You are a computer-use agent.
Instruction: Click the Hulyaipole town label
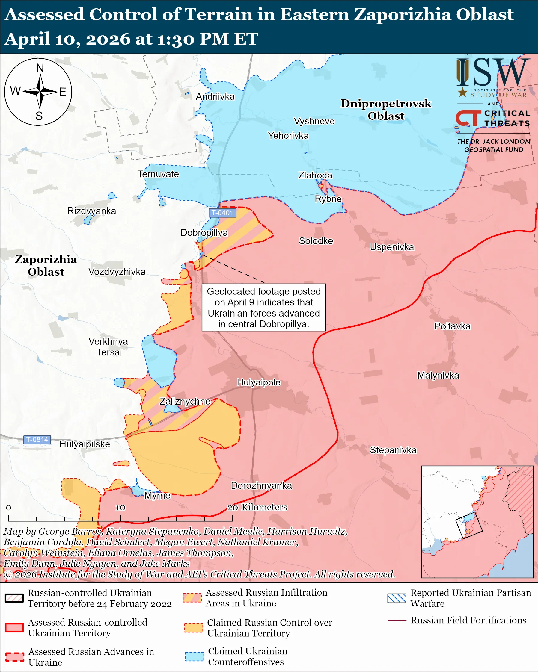tap(259, 382)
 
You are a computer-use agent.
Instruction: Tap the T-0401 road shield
tap(222, 213)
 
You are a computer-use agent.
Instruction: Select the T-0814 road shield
tap(37, 440)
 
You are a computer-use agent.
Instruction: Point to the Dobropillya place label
tap(204, 233)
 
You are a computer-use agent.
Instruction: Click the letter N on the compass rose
tap(40, 68)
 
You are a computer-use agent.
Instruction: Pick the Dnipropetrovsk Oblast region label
tap(386, 110)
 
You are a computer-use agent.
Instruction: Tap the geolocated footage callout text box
tap(263, 307)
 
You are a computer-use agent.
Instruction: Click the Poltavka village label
tap(452, 326)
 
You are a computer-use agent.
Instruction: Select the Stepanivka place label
tap(393, 450)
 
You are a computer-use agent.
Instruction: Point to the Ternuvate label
tap(158, 174)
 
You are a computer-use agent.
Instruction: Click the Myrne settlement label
tap(157, 496)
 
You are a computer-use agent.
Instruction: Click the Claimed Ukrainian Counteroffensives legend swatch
tap(194, 656)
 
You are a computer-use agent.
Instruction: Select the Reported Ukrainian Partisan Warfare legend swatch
tap(397, 598)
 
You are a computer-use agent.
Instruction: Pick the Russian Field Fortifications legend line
tap(397, 620)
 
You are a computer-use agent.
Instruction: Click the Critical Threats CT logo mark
tap(468, 118)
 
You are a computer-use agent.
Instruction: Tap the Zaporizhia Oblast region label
tap(46, 266)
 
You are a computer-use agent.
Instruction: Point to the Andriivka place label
tap(215, 97)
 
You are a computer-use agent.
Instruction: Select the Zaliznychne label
tap(185, 402)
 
